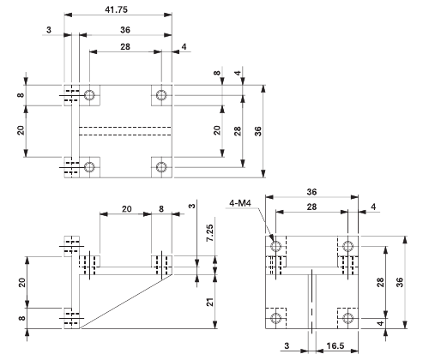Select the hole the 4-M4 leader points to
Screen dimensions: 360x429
coord(275,247)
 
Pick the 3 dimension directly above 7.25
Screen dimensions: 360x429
coord(193,206)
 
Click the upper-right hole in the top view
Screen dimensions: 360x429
coord(160,95)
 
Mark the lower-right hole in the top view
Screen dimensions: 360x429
coord(160,165)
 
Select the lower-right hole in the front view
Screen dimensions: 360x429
coord(347,318)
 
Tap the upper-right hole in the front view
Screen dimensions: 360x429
coord(347,247)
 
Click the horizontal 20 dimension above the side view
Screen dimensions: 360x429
coord(125,208)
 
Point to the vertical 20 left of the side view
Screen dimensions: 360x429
coord(21,282)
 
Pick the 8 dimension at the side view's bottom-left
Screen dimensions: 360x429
coord(21,318)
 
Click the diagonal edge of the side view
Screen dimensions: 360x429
coord(129,300)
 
